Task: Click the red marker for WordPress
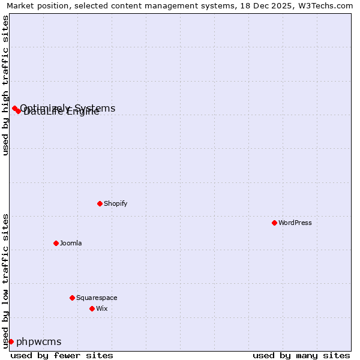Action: (x=274, y=223)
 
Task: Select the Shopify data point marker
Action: (x=100, y=203)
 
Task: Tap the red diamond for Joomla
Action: (x=56, y=243)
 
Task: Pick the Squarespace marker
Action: (x=72, y=298)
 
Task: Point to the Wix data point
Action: (x=92, y=308)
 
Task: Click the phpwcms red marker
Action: (x=11, y=341)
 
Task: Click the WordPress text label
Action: (x=295, y=223)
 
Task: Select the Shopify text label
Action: (x=116, y=203)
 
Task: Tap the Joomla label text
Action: (x=71, y=243)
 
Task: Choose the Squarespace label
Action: (x=97, y=298)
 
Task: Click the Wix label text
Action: (x=102, y=308)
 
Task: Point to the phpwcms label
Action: (x=39, y=341)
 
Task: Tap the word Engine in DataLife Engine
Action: (x=84, y=112)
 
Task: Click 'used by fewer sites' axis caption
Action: (x=62, y=355)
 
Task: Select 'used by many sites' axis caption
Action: (x=301, y=355)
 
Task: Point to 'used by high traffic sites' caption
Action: (x=5, y=85)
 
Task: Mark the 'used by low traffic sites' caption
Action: (x=5, y=281)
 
